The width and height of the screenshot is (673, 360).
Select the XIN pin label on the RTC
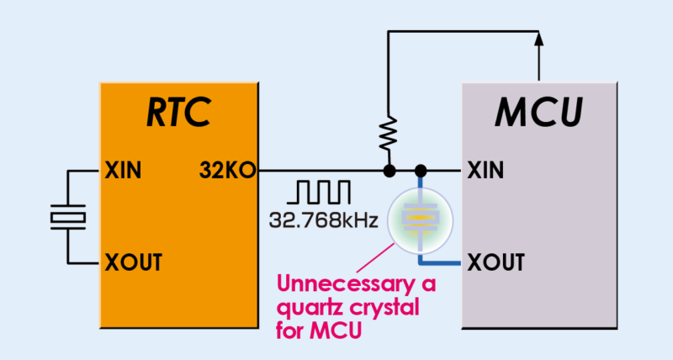[x=124, y=172]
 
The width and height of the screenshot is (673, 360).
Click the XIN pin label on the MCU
[x=485, y=172]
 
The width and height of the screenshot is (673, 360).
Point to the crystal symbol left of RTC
[x=66, y=217]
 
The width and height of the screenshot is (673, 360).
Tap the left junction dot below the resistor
[x=389, y=172]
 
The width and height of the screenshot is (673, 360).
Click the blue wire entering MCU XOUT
[x=446, y=265]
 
